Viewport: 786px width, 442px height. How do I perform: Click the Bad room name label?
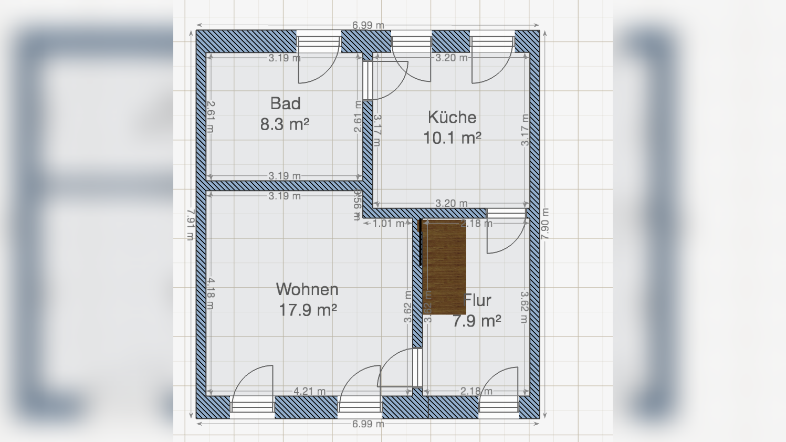286,103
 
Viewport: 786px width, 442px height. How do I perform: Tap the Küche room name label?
452,117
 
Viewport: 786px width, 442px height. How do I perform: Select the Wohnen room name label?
307,289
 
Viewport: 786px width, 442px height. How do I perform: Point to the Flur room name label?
478,300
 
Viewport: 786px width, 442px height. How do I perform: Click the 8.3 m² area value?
285,124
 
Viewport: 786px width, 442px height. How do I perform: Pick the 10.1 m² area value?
452,138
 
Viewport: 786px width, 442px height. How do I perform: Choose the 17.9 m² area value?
307,310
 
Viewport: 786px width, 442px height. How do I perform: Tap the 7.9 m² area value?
477,321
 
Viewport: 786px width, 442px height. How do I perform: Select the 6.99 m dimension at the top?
368,25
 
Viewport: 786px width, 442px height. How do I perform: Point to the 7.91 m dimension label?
191,225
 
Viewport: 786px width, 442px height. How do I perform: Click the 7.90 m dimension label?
545,224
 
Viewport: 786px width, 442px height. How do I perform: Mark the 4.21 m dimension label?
309,391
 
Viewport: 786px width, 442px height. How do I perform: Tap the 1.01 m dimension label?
388,224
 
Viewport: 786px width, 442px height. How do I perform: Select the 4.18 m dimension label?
210,294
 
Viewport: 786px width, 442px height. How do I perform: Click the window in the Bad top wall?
319,41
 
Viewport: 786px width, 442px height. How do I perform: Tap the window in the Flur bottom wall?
499,407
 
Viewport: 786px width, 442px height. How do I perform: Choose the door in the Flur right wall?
506,231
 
